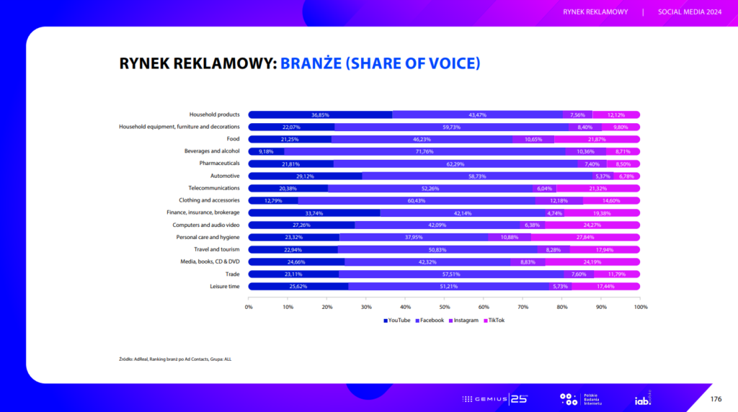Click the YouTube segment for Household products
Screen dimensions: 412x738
(x=320, y=115)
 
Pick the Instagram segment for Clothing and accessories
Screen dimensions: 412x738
(x=559, y=200)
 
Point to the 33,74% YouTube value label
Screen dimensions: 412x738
(x=314, y=212)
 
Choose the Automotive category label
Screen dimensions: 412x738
(x=225, y=176)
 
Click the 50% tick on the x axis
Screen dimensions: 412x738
(x=445, y=307)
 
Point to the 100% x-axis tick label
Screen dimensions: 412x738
(x=640, y=307)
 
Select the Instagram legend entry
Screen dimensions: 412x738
(x=463, y=321)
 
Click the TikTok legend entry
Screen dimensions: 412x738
(x=494, y=321)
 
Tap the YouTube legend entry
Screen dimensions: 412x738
(x=397, y=321)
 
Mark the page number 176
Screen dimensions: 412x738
(x=716, y=399)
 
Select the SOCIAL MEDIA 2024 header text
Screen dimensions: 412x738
(x=690, y=12)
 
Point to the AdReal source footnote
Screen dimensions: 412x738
(x=175, y=358)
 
